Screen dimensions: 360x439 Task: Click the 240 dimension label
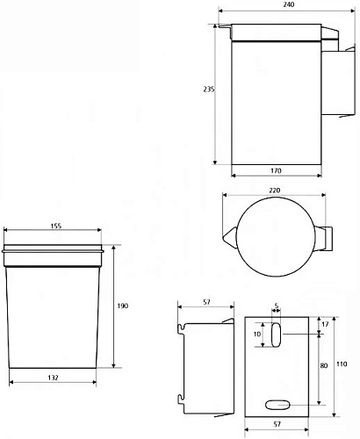[289, 4]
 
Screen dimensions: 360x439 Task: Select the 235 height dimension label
[209, 90]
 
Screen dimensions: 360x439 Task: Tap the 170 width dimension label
[276, 170]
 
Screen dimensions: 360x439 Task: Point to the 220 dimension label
[275, 191]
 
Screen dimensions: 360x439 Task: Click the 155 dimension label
[55, 226]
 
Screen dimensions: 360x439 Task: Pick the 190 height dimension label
[123, 306]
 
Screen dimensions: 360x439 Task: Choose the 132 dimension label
[53, 378]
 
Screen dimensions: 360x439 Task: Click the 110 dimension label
[342, 364]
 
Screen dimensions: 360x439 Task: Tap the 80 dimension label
[324, 365]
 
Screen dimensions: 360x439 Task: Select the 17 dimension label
[325, 324]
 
